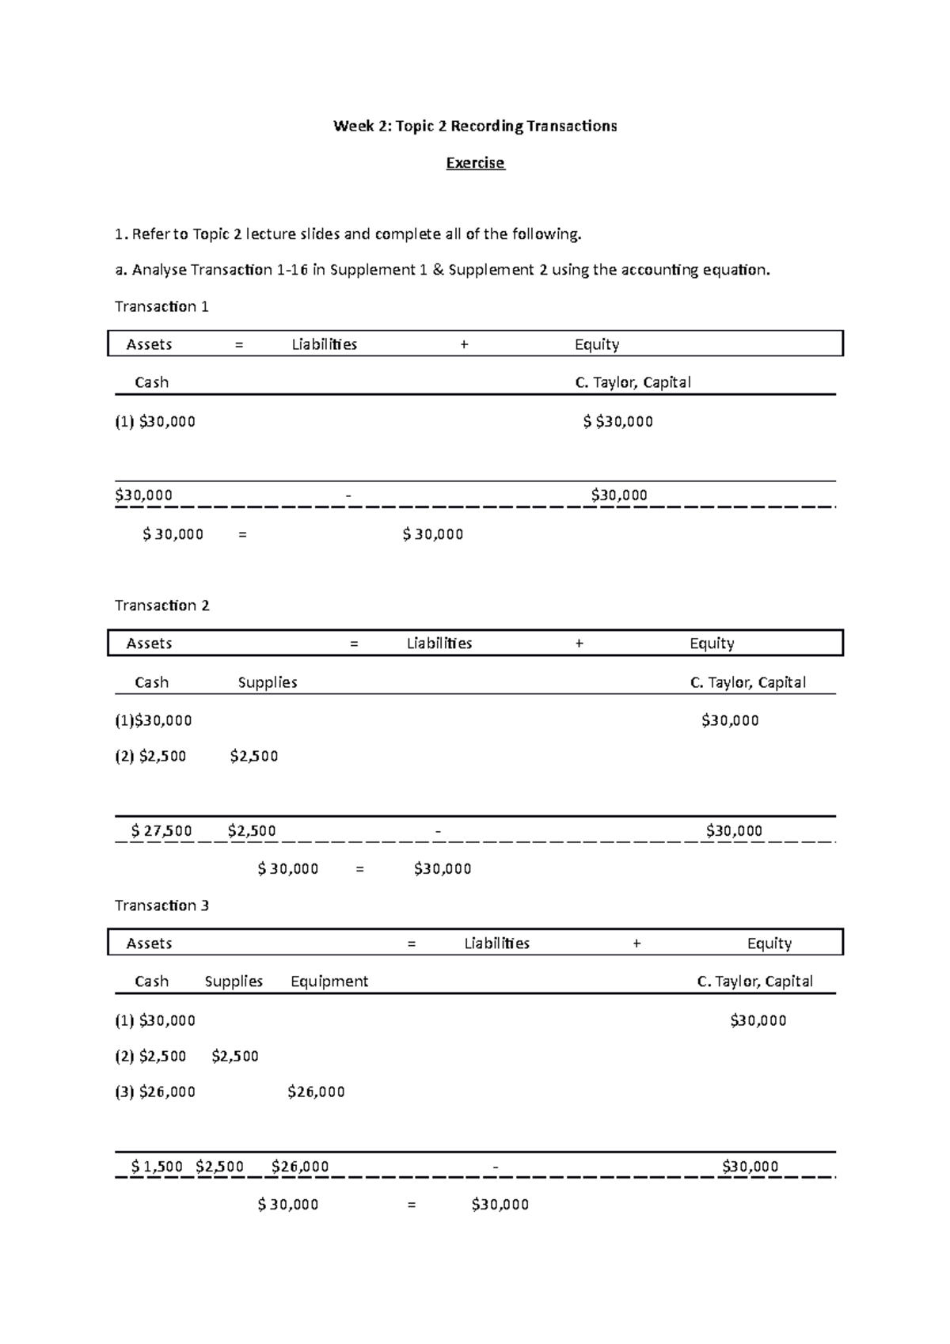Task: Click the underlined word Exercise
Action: point(475,163)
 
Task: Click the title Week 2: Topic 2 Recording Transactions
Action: point(475,126)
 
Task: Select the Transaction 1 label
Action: point(161,306)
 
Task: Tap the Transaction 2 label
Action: point(161,606)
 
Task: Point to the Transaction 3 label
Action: point(161,905)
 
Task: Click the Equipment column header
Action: point(329,981)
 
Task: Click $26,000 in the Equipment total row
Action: point(300,1166)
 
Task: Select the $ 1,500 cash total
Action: point(157,1166)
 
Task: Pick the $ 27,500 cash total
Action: point(161,831)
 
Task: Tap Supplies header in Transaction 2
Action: point(268,682)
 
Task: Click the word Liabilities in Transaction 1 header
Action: point(325,344)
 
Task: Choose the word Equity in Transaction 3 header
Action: point(769,943)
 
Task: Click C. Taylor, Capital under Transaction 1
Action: point(633,382)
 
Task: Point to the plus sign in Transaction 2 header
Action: point(579,644)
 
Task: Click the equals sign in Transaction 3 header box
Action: point(411,943)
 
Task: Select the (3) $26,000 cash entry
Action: point(155,1092)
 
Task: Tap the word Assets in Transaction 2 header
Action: point(149,644)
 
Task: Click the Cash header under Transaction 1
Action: point(151,382)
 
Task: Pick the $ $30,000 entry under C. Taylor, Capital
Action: point(618,422)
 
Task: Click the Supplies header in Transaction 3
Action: point(234,981)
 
